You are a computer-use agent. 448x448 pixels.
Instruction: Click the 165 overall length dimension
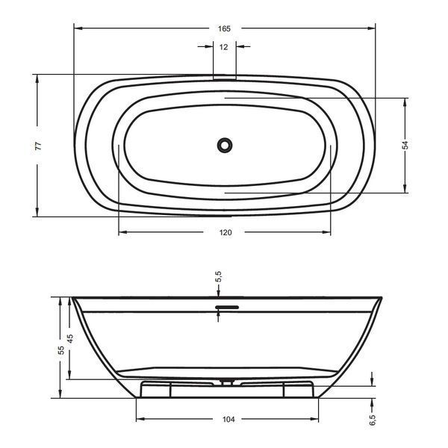pos(224,28)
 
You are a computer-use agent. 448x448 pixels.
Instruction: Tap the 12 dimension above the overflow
pos(224,47)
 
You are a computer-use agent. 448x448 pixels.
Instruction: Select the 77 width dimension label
pos(38,146)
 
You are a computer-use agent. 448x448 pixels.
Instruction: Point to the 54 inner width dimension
pos(405,145)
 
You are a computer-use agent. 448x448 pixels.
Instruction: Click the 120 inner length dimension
pos(225,232)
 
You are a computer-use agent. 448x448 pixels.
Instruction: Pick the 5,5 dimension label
pos(218,276)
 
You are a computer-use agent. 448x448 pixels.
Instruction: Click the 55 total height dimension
pos(61,350)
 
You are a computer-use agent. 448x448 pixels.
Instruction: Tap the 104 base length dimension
pos(228,420)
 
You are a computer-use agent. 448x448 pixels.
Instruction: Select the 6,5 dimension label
pos(372,420)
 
